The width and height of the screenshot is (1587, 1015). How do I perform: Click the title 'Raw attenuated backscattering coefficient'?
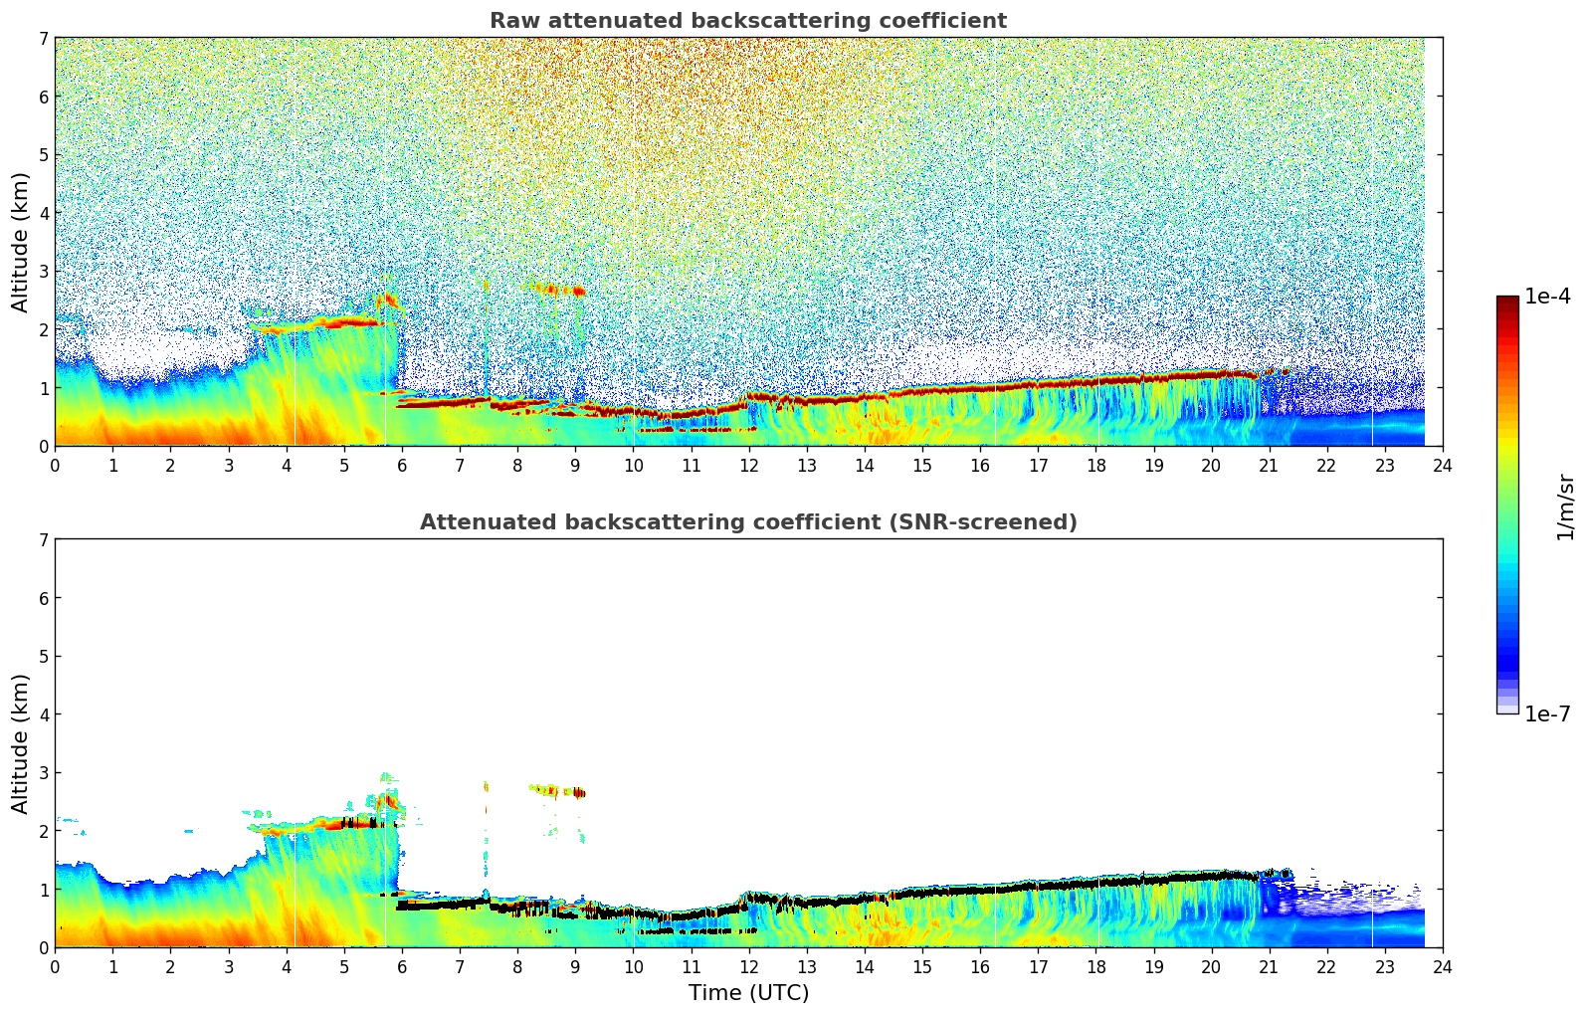coord(747,21)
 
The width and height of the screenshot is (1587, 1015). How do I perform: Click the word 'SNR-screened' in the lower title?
coord(1009,522)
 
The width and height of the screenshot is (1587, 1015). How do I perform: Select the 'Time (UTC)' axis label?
coord(748,993)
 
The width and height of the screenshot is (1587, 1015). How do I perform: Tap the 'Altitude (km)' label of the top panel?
coord(20,242)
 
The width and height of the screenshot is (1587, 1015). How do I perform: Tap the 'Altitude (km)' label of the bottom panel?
coord(20,743)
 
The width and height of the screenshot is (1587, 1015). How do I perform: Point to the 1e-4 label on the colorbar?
coord(1547,297)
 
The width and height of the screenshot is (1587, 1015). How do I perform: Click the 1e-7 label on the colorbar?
coord(1547,714)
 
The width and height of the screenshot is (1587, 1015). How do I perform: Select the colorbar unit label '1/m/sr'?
coord(1565,507)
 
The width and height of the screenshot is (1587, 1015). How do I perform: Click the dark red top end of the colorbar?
coord(1506,301)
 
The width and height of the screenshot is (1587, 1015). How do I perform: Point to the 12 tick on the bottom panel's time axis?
coord(748,967)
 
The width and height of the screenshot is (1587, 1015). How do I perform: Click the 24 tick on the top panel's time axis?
coord(1442,466)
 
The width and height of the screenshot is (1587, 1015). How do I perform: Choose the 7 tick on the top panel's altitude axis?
coord(43,38)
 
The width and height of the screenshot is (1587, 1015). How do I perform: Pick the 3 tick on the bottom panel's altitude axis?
coord(43,773)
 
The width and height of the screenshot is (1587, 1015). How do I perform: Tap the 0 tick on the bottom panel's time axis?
coord(55,967)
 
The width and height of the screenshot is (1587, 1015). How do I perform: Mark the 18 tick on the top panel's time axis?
coord(1095,466)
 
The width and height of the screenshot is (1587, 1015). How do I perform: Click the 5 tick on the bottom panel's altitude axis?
coord(43,657)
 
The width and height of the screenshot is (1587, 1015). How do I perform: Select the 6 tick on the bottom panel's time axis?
coord(402,967)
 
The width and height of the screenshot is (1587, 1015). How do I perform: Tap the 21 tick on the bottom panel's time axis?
coord(1269,967)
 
